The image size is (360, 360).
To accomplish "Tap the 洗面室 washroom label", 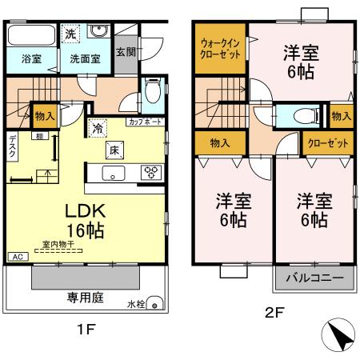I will [x=82, y=59].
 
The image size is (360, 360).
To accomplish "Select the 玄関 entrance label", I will [x=125, y=53].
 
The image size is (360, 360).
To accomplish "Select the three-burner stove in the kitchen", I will [x=150, y=170].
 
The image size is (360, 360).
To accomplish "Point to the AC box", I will [x=18, y=256].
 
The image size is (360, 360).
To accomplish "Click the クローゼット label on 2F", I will [x=328, y=144].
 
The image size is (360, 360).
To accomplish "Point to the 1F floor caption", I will [x=86, y=329].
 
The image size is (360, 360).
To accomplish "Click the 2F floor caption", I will [x=274, y=313].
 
